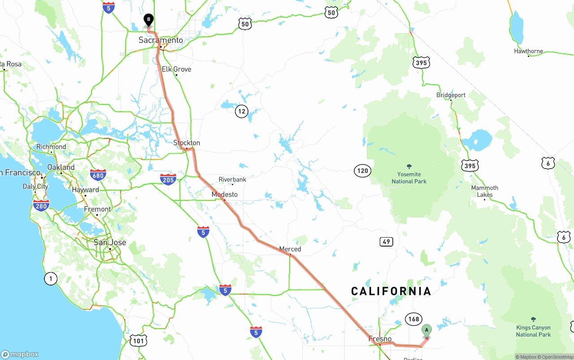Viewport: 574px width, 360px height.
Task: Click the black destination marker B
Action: click(148, 20)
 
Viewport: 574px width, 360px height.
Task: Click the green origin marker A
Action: click(426, 330)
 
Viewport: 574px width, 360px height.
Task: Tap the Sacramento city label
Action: click(161, 40)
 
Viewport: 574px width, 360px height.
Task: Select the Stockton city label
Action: click(187, 143)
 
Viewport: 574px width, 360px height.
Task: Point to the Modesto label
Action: click(225, 194)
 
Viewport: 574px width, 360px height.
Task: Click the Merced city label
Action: click(290, 249)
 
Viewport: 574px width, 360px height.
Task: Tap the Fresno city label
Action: click(380, 339)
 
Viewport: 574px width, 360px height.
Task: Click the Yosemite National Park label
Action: click(409, 178)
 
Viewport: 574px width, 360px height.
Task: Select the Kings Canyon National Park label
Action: click(533, 331)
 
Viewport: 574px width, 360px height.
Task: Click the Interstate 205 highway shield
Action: click(168, 179)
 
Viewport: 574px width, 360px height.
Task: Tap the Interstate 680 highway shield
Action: click(98, 175)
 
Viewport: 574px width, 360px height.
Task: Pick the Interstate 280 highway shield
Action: click(41, 205)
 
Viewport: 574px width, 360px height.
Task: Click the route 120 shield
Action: click(362, 170)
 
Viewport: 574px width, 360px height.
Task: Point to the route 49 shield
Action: click(386, 242)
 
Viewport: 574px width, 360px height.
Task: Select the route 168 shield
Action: click(413, 319)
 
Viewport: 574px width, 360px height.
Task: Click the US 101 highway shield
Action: click(139, 341)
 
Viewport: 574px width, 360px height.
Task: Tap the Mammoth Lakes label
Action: click(484, 191)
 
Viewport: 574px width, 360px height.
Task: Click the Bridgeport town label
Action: click(451, 95)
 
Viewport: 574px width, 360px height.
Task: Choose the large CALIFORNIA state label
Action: click(391, 291)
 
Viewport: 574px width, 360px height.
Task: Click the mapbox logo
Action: click(20, 354)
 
